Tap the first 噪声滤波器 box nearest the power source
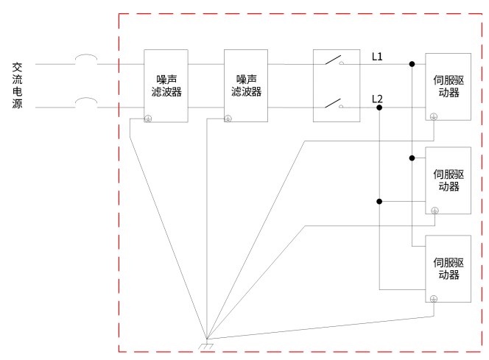click(166, 85)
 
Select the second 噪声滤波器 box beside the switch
click(246, 85)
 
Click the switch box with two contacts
click(337, 85)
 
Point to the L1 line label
click(377, 56)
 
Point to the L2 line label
click(377, 99)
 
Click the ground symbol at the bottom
click(207, 345)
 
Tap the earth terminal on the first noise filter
click(148, 118)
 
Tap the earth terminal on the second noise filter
click(228, 118)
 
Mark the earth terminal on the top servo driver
click(434, 116)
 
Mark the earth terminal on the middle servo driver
click(434, 211)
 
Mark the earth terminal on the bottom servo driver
click(434, 298)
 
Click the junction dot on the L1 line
click(412, 64)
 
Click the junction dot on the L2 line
click(379, 107)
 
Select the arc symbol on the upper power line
click(87, 58)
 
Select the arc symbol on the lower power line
click(87, 102)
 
